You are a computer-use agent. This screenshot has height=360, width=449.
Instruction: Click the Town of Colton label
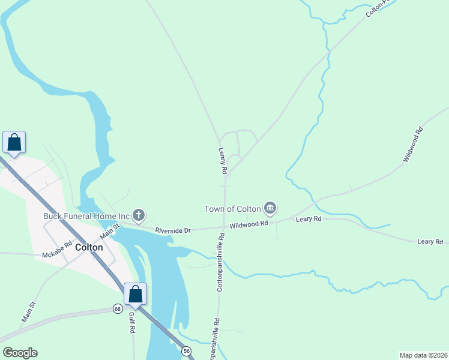tap(232, 209)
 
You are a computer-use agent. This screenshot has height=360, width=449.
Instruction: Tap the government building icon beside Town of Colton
tap(270, 208)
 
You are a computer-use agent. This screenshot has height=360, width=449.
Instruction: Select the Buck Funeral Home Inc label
tap(86, 216)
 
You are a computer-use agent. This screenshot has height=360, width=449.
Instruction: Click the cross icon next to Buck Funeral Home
tap(139, 215)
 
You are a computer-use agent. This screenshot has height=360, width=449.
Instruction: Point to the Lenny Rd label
tap(223, 161)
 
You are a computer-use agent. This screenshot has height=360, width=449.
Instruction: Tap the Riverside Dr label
tap(173, 230)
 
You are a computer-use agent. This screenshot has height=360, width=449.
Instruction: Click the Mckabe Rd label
tap(57, 255)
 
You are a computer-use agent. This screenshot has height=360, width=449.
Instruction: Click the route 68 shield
tap(118, 309)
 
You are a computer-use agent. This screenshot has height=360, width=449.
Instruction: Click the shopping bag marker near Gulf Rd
tap(135, 294)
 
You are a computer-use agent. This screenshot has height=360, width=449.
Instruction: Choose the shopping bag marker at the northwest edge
tap(14, 143)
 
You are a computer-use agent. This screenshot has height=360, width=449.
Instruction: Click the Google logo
tap(20, 352)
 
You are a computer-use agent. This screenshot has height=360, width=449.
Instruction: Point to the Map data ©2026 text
tap(423, 355)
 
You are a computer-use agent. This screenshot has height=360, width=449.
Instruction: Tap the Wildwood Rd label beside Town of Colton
tap(249, 224)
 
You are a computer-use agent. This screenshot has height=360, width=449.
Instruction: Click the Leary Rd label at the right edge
tap(430, 241)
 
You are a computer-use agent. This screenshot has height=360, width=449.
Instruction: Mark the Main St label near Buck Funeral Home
tap(110, 229)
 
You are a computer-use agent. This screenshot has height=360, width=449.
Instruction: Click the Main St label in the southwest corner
tap(29, 313)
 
